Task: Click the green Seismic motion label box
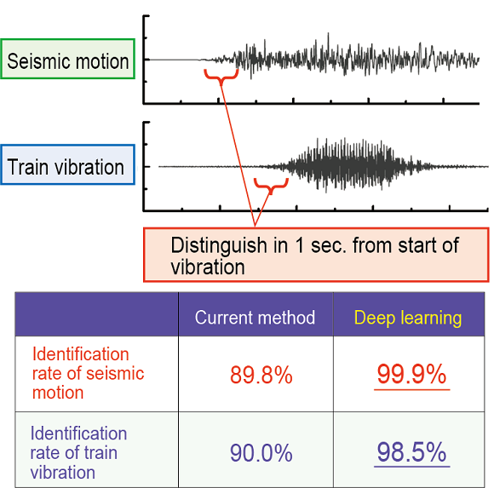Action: coord(68,59)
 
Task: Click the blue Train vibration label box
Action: coord(68,164)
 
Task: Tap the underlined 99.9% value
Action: coord(411,374)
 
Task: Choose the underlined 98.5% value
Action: coord(411,452)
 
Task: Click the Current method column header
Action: coord(255,318)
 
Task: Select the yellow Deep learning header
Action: coord(408,318)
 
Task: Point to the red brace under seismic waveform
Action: coord(221,77)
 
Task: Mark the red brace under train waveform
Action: coord(271,186)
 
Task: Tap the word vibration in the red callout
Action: coord(208,267)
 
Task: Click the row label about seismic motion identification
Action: coord(89,373)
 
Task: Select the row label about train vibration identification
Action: coord(78,453)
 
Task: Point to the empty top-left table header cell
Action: coord(97,314)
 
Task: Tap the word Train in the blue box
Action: coord(28,167)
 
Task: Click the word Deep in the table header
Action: coord(375,319)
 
